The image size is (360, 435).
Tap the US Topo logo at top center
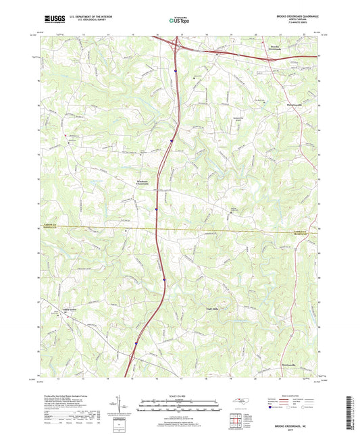pyautogui.click(x=179, y=20)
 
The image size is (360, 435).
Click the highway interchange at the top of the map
pyautogui.click(x=175, y=46)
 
